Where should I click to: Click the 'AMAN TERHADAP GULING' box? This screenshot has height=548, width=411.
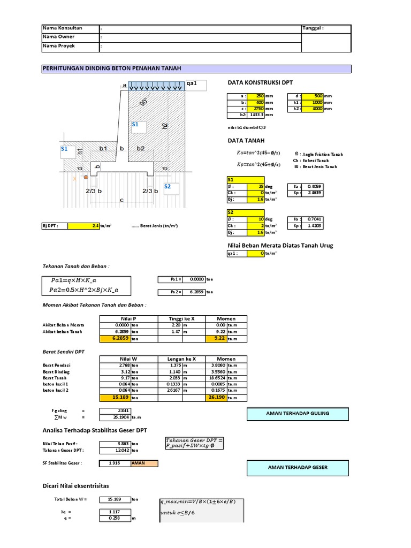[x=298, y=414]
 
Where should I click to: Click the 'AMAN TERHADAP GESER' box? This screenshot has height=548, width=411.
[x=298, y=467]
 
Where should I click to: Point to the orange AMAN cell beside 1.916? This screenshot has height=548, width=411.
[x=144, y=463]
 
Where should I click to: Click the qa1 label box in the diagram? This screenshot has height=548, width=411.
[x=195, y=84]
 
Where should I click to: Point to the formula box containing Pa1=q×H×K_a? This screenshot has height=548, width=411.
[x=87, y=286]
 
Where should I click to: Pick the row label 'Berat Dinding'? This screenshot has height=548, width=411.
[x=56, y=371]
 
